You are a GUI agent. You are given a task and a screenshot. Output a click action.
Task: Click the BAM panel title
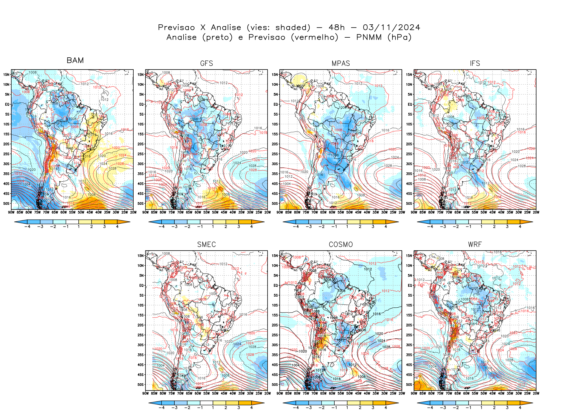click(75, 60)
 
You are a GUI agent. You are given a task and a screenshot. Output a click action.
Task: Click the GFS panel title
click(206, 63)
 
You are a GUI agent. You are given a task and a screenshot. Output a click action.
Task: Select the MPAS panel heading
click(341, 63)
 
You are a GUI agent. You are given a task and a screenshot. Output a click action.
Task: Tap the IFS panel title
click(475, 63)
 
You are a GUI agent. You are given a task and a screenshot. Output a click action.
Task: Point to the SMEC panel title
click(206, 245)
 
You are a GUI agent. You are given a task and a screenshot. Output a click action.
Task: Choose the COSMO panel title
click(341, 245)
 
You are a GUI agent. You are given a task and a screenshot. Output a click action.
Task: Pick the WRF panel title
click(475, 245)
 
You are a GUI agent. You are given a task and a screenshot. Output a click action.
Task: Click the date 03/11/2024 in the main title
click(391, 28)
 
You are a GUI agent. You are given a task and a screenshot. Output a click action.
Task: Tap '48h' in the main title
click(337, 28)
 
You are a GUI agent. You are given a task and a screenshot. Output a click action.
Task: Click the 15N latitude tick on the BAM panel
click(6, 74)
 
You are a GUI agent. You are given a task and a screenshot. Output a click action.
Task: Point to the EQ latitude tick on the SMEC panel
click(141, 285)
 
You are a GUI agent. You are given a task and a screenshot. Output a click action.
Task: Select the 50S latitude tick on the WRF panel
click(409, 385)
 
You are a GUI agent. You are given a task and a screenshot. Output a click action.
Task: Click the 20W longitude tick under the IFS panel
click(536, 212)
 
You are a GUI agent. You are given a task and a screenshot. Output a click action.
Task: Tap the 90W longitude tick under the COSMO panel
click(280, 393)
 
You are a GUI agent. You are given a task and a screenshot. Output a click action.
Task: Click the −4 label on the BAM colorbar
click(27, 227)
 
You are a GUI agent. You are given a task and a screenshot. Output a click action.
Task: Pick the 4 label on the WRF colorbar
click(520, 408)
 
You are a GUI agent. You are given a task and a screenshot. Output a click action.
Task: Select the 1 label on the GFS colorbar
click(213, 227)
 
